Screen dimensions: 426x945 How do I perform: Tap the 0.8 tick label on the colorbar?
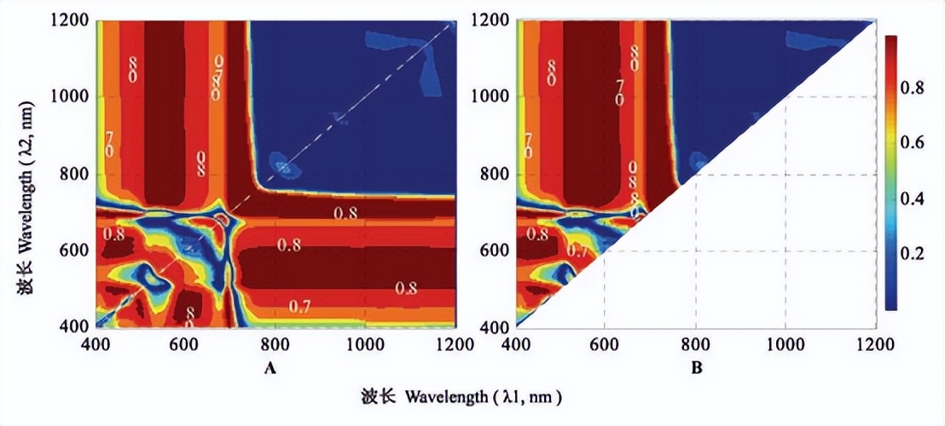click(x=919, y=87)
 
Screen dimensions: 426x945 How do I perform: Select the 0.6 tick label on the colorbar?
click(x=919, y=142)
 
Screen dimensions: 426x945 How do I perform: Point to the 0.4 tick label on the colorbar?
click(x=919, y=199)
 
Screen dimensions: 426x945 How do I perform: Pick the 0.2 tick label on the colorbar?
click(x=919, y=254)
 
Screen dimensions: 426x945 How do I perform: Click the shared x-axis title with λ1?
click(x=461, y=397)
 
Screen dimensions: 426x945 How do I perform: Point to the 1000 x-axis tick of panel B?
click(x=784, y=345)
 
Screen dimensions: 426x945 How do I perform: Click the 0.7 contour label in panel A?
click(x=299, y=306)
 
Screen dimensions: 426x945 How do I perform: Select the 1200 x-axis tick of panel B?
click(x=874, y=345)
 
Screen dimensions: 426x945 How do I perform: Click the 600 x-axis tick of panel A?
click(x=183, y=345)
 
